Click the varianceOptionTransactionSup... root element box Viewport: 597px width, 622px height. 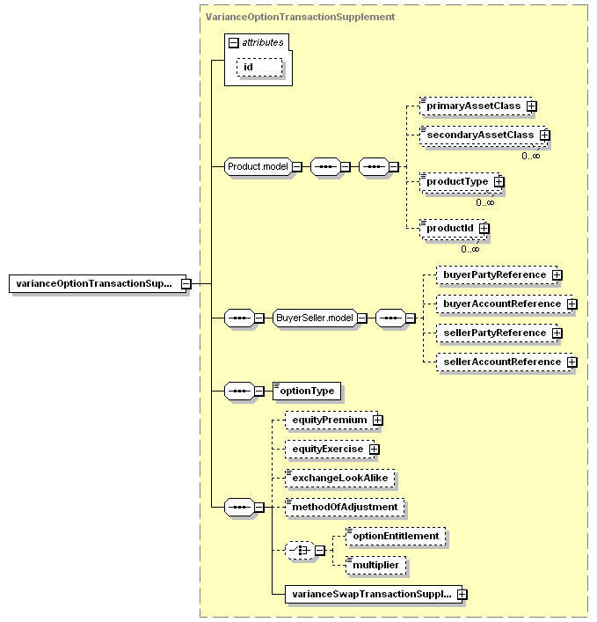coord(98,283)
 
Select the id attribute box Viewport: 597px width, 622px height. coord(259,67)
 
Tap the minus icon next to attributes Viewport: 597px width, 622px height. coord(234,42)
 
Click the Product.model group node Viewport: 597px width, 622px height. coord(258,166)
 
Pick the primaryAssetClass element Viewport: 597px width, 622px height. coord(476,106)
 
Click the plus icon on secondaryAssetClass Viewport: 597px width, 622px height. coord(544,135)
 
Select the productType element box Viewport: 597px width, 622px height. coord(460,182)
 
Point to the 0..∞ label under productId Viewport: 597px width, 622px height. coord(470,249)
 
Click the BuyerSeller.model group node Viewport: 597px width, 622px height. coord(315,318)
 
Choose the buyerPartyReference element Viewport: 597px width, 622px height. coord(497,274)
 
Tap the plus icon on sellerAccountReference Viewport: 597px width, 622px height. coord(572,362)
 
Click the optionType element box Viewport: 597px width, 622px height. coord(307,391)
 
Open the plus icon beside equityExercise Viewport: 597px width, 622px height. coord(374,449)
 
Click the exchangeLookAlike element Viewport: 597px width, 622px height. coord(340,478)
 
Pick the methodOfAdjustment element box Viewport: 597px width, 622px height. coord(345,507)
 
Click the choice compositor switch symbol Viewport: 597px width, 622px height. coord(300,550)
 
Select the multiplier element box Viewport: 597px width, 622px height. coord(376,566)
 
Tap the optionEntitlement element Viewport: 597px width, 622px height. coord(396,537)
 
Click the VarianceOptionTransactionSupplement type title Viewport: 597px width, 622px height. coord(300,17)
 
